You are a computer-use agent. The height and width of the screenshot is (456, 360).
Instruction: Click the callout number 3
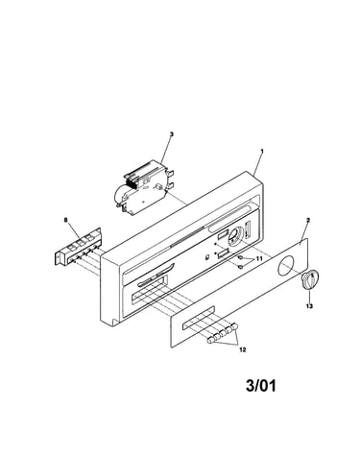[x=171, y=134]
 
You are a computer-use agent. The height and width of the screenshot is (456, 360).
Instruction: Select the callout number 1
[x=262, y=151]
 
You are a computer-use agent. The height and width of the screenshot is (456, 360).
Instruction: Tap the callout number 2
[x=308, y=220]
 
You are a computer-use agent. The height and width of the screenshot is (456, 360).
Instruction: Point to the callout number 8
[x=66, y=220]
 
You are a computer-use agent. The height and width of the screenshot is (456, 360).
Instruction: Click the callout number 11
[x=259, y=258]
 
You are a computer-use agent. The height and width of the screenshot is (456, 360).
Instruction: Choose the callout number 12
[x=243, y=349]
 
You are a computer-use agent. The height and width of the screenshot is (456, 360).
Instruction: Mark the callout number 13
[x=309, y=306]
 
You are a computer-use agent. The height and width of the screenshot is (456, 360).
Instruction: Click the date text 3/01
[x=261, y=385]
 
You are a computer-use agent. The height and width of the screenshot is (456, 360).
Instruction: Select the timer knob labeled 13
[x=310, y=280]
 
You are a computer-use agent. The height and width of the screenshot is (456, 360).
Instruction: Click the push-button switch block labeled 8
[x=78, y=247]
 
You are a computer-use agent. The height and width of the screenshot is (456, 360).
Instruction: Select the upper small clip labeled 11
[x=241, y=257]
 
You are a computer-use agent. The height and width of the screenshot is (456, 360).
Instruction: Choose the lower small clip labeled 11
[x=241, y=266]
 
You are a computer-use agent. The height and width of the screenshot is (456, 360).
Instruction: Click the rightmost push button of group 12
[x=235, y=326]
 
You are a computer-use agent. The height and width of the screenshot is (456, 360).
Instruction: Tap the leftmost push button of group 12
[x=210, y=340]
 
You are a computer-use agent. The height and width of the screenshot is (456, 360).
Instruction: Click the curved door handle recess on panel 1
[x=156, y=279]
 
